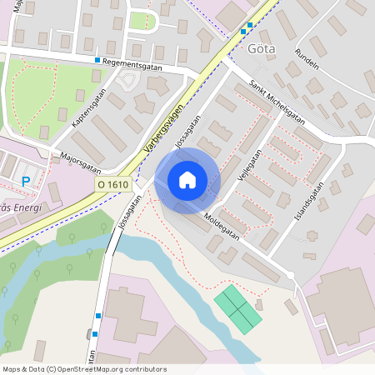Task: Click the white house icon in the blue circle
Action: click(187, 179)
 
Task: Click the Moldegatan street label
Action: click(221, 226)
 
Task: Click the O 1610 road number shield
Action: click(112, 185)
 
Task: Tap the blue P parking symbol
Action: click(26, 181)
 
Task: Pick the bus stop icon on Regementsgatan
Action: click(97, 61)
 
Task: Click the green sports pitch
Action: click(238, 309)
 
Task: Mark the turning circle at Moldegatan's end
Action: click(290, 275)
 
